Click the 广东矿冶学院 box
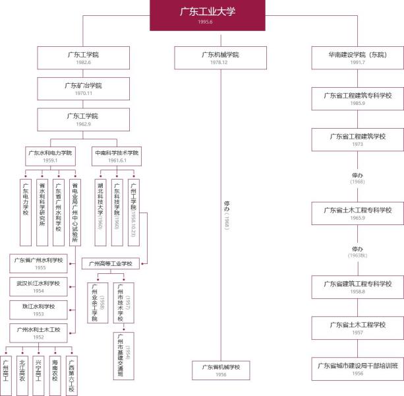tap(83, 88)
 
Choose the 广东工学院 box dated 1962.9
tap(83, 119)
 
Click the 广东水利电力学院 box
tap(51, 156)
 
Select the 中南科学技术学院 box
tap(117, 156)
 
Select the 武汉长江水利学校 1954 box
tap(38, 286)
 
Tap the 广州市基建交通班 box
tap(119, 355)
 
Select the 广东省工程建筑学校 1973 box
tap(358, 139)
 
